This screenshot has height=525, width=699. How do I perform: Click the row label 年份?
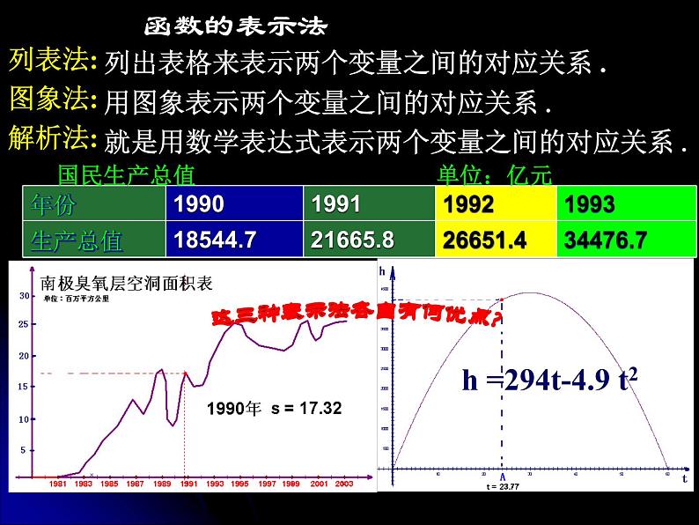click(x=54, y=205)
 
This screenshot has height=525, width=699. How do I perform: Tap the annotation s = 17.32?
click(x=305, y=409)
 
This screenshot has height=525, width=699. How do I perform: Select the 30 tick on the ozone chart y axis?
click(x=24, y=296)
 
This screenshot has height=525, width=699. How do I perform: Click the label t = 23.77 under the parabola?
click(x=503, y=486)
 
